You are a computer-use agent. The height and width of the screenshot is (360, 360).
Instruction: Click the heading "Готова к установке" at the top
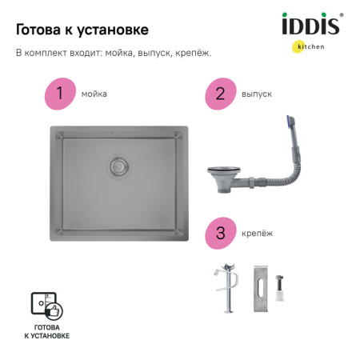(x=82, y=30)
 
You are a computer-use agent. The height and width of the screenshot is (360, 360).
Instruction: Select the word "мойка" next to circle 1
(x=94, y=94)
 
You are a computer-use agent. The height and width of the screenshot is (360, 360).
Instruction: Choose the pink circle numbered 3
(x=218, y=233)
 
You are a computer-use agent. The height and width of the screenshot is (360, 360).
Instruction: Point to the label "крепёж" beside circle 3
(x=257, y=233)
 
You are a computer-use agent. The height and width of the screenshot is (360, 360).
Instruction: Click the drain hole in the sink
(x=120, y=166)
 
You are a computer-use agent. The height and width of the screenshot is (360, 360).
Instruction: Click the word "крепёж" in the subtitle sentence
(x=194, y=54)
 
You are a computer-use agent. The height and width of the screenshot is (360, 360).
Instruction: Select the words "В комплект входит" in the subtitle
(x=53, y=54)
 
